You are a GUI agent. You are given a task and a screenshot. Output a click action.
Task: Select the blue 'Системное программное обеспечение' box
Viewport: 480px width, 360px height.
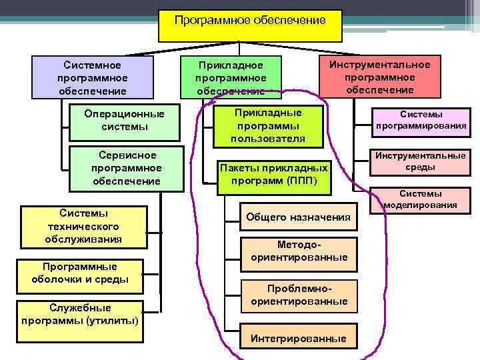[93, 77]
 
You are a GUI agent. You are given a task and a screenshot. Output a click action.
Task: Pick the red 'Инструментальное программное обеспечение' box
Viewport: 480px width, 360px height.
[379, 77]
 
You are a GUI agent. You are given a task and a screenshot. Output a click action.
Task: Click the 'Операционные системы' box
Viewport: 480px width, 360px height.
[125, 121]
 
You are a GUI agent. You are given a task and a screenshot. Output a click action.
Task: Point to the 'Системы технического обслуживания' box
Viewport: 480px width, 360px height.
[83, 226]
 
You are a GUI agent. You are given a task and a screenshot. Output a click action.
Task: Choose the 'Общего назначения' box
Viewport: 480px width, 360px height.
[298, 217]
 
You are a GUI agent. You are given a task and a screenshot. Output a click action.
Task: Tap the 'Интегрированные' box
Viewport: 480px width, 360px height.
[298, 339]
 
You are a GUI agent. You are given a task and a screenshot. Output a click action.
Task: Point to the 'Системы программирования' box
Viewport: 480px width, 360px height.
[421, 119]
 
